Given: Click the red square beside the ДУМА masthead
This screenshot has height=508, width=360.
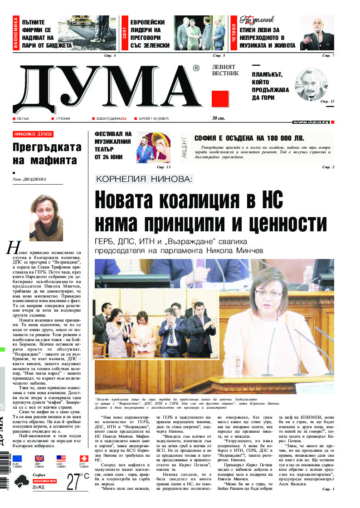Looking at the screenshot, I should (220, 98).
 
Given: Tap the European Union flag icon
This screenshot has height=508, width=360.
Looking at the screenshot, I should (18, 459).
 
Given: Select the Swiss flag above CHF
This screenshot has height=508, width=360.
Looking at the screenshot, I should (83, 459).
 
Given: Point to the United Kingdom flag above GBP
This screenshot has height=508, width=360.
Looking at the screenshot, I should (39, 459).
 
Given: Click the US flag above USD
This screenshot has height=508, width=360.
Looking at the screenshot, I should (61, 459).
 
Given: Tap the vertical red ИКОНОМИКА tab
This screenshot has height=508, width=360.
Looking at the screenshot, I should (16, 34).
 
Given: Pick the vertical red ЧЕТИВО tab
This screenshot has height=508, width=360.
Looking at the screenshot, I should (234, 34).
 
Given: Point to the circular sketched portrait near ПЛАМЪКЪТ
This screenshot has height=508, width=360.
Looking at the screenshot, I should (311, 85).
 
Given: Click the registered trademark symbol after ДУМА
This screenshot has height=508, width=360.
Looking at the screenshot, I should (196, 68).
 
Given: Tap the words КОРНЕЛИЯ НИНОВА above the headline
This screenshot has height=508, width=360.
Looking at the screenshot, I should (145, 179).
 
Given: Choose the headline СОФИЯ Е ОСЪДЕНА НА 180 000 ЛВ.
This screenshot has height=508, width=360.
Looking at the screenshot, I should (249, 139).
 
